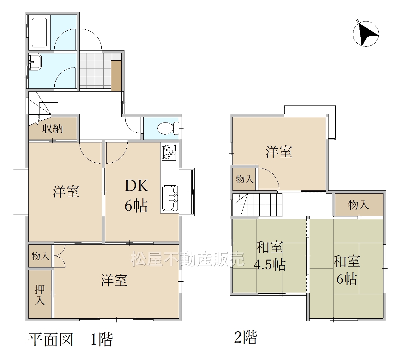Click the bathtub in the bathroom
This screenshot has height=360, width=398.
coord(39,33)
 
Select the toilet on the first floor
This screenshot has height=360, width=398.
coord(168,128)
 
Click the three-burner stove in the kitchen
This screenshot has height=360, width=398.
coord(169,152)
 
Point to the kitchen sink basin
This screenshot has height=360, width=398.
coord(170,198)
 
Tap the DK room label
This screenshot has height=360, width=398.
coord(136,185)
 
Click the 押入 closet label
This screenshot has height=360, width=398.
coord(40,295)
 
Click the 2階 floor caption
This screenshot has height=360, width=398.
coord(246,337)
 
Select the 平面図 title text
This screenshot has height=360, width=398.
coord(51,339)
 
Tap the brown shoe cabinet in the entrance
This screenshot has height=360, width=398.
coord(116,76)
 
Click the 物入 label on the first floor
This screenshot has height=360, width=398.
coord(40,256)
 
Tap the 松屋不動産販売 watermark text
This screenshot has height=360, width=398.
coord(188,259)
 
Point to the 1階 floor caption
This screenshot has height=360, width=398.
coord(102,339)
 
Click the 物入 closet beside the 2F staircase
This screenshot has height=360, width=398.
coord(244,179)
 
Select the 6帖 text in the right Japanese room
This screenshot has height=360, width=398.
coord(347,279)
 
